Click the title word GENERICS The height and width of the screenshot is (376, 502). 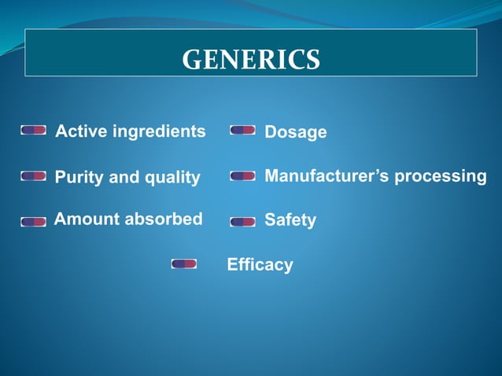click(x=251, y=59)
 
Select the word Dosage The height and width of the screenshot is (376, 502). click(x=295, y=132)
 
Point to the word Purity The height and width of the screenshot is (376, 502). click(x=79, y=177)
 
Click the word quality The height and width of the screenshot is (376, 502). click(x=171, y=177)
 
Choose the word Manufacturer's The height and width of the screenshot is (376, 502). click(x=327, y=175)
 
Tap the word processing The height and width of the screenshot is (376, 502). click(x=441, y=176)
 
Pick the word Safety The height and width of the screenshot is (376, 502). click(x=290, y=220)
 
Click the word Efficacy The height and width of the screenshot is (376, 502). click(x=260, y=264)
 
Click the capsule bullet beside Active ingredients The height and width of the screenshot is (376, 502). click(x=33, y=130)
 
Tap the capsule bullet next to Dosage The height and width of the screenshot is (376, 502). click(x=242, y=130)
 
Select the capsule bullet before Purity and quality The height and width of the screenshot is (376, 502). click(x=33, y=175)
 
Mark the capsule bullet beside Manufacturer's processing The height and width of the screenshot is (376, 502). click(x=242, y=176)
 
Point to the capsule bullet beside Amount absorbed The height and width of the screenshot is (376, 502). click(x=33, y=222)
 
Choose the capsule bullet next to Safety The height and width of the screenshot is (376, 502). click(x=242, y=222)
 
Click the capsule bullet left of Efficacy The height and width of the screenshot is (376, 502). click(x=183, y=264)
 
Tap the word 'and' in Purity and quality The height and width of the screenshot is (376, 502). click(x=124, y=177)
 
